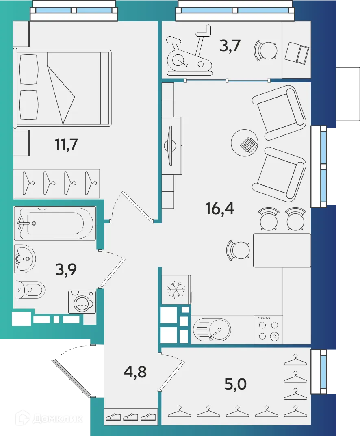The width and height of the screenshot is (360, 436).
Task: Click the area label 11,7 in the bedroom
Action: pos(66,144)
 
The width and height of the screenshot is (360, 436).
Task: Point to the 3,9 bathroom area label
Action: pos(66,269)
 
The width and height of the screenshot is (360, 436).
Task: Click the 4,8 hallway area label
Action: pos(135,371)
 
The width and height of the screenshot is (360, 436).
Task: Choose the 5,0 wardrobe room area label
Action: pos(236,383)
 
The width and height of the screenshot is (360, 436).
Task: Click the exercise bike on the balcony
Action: pos(189,54)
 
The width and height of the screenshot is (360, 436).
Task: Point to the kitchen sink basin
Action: pos(212,329)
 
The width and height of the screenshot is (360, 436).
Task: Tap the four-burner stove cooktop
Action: pos(269,330)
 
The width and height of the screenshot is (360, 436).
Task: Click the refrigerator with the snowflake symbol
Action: pos(176,290)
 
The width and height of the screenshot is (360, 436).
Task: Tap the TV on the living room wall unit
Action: pos(171,145)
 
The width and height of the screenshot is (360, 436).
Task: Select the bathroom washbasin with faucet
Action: pos(25,258)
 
